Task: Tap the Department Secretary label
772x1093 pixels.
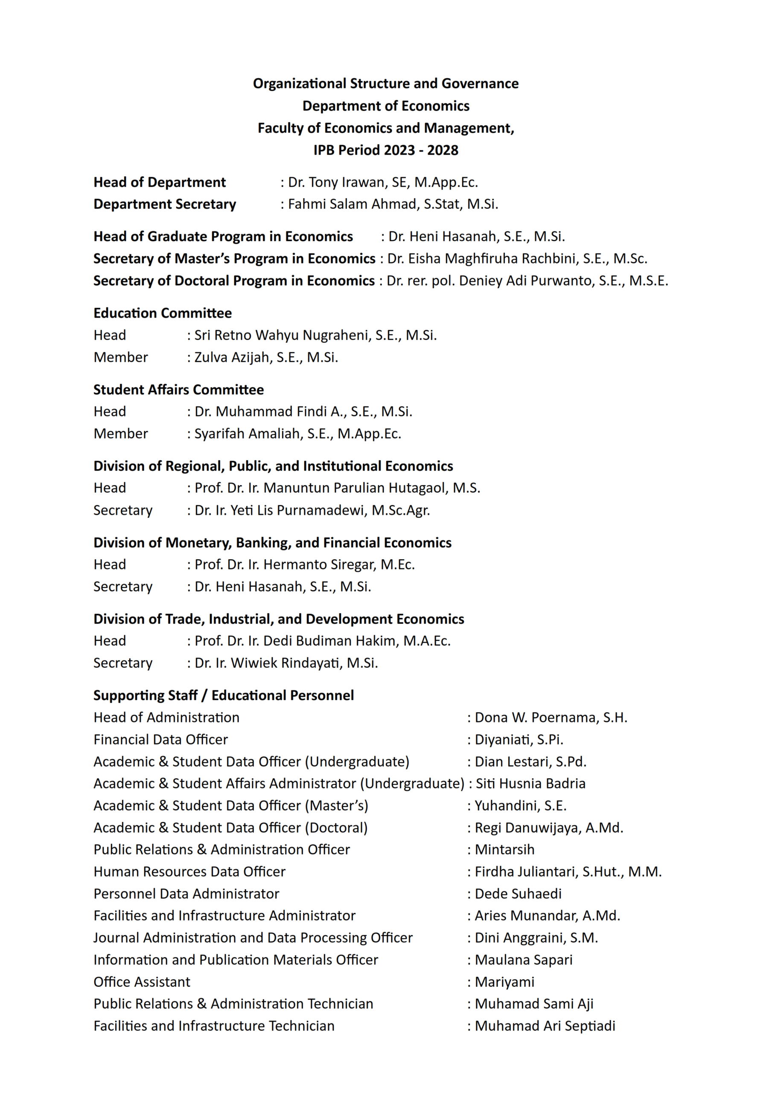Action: pos(165,204)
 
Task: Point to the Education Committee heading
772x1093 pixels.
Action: pos(163,313)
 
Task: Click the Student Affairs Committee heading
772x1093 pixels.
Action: pos(178,390)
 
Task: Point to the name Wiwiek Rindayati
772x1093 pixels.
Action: pos(286,663)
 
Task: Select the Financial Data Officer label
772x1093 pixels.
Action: pos(161,739)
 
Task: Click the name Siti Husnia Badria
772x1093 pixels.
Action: pos(530,783)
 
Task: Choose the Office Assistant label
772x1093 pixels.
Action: pos(142,982)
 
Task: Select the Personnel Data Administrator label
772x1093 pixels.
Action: pos(186,894)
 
